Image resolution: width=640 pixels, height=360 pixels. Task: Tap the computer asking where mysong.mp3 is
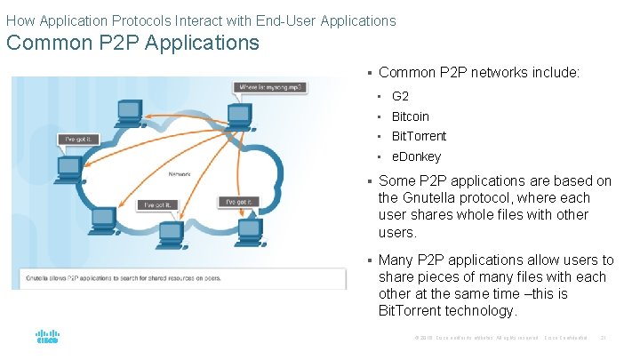click(238, 114)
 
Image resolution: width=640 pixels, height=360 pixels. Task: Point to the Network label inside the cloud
click(181, 174)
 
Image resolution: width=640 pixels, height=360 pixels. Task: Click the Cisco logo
click(47, 338)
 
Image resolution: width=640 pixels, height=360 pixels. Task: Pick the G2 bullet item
click(400, 96)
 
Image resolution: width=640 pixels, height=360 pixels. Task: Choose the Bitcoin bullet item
click(410, 116)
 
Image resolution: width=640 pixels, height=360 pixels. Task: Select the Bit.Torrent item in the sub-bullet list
click(419, 136)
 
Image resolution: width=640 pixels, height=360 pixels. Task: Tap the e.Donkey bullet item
click(416, 156)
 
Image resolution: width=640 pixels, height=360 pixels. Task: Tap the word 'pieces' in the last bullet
click(435, 276)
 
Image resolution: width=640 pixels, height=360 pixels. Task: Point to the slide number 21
click(604, 338)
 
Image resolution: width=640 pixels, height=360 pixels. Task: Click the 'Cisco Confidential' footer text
click(566, 338)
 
